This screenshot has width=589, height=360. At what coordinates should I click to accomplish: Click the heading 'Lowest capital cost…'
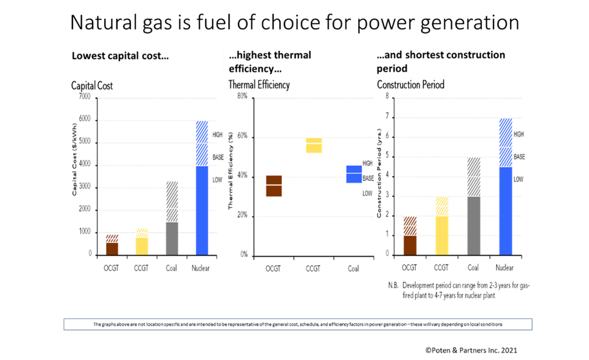[x=120, y=57]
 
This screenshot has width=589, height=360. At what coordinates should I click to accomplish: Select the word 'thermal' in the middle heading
[x=291, y=55]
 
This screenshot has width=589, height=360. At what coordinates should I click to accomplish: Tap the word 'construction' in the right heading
[x=474, y=55]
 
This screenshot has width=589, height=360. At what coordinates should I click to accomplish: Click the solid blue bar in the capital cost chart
[x=202, y=210]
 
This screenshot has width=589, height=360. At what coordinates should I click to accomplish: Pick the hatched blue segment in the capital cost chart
[x=202, y=143]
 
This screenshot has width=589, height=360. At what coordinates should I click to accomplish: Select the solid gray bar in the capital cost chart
[x=172, y=238]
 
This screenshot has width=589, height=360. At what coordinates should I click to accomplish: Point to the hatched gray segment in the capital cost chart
[x=172, y=201]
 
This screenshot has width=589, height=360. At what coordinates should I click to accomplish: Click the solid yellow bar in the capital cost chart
[x=142, y=246]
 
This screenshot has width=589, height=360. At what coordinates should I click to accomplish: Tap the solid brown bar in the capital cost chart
[x=112, y=249]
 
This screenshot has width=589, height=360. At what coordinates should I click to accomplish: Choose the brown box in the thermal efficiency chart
[x=274, y=186]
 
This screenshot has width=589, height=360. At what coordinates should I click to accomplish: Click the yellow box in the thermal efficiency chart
[x=314, y=145]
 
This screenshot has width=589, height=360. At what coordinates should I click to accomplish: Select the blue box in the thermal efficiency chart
[x=354, y=174]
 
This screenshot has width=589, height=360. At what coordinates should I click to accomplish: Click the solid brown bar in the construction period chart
[x=410, y=245]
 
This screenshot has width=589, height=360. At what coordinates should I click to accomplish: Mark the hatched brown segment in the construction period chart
[x=410, y=226]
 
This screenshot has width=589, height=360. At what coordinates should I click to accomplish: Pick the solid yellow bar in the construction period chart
[x=442, y=235]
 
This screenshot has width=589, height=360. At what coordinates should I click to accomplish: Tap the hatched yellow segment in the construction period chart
[x=442, y=206]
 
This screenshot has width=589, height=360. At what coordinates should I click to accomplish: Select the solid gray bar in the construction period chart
[x=474, y=226]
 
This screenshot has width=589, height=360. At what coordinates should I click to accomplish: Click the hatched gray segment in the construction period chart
[x=474, y=177]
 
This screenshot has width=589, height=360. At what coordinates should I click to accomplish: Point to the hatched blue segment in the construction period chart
[x=505, y=143]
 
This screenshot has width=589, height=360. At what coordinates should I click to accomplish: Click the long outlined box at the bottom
[x=297, y=324]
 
